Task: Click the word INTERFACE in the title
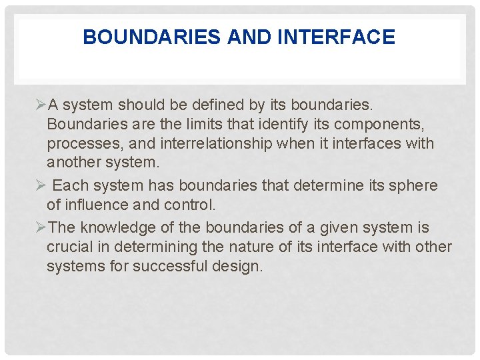click(335, 37)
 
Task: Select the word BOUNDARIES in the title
click(152, 37)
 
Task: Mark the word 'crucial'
click(69, 247)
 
